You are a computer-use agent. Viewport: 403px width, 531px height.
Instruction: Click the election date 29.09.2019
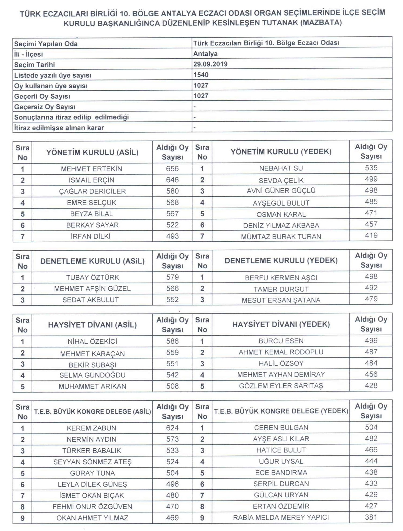[x=210, y=64]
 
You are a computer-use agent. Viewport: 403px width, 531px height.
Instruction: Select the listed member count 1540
[x=201, y=75]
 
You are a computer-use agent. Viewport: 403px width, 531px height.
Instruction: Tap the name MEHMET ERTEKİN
[x=91, y=169]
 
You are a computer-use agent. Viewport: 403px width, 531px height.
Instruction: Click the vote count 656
[x=172, y=169]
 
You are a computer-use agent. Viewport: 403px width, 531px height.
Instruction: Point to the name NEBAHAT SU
[x=281, y=168]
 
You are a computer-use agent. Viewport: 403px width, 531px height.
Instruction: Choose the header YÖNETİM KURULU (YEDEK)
[x=281, y=152]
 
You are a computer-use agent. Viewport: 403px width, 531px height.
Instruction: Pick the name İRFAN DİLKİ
[x=91, y=236]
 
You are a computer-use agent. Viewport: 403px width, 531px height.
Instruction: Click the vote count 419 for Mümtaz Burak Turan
[x=371, y=235]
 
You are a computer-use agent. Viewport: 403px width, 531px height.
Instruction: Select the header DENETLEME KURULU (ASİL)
[x=92, y=261]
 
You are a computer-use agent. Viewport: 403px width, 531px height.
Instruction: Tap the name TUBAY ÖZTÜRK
[x=92, y=277]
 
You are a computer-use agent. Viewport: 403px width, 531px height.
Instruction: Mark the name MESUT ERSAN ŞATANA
[x=281, y=300]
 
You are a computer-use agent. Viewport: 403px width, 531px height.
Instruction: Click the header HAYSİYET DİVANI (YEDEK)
[x=281, y=324]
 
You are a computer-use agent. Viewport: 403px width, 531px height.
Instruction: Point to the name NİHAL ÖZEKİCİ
[x=92, y=342]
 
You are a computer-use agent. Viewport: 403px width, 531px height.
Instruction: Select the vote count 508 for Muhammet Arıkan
[x=172, y=386]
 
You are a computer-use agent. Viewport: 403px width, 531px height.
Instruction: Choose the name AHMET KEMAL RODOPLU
[x=281, y=352]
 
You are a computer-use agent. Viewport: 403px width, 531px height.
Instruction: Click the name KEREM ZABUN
[x=91, y=428]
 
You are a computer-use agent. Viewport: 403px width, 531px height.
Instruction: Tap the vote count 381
[x=371, y=517]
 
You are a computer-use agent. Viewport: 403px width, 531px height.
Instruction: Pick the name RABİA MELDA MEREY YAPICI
[x=281, y=518]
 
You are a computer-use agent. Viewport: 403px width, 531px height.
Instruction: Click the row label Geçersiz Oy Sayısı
[x=45, y=107]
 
